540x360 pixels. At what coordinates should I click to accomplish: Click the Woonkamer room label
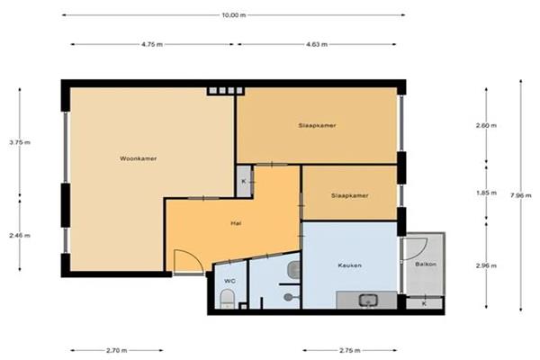[x=138, y=158]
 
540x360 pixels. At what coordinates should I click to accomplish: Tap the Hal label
[x=236, y=223]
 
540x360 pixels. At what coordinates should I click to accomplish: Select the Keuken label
[x=349, y=265]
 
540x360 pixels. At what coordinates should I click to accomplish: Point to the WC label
[x=229, y=281]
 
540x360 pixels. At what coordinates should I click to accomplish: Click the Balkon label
[x=426, y=265]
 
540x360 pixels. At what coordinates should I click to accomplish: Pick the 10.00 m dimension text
[x=234, y=15]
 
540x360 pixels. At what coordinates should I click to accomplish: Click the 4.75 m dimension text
[x=152, y=44]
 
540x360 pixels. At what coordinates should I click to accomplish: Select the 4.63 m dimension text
[x=317, y=44]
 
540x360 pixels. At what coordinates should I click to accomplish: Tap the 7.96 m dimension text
[x=521, y=195]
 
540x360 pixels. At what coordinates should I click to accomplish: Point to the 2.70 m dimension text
[x=117, y=351]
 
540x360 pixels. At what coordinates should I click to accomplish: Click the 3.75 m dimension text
[x=20, y=142]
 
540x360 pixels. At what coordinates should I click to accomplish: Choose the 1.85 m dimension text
[x=486, y=193]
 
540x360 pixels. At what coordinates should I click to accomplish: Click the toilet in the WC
[x=227, y=299]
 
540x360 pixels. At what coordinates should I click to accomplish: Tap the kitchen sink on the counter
[x=368, y=301]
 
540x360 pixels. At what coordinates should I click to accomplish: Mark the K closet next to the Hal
[x=244, y=182]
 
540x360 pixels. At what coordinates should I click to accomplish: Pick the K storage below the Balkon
[x=424, y=303]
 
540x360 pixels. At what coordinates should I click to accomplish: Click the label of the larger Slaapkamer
[x=317, y=125]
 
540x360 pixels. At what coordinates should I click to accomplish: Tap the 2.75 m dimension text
[x=350, y=351]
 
